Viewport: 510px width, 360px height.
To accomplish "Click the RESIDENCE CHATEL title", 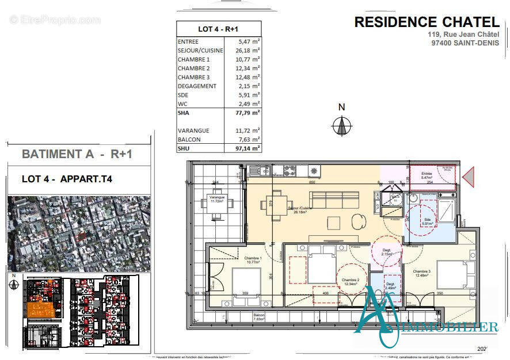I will (427, 22).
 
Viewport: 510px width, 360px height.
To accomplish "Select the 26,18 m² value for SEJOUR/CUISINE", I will (248, 50).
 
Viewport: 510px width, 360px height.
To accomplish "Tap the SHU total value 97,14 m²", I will (248, 148).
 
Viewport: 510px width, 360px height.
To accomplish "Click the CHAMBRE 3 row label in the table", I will (193, 77).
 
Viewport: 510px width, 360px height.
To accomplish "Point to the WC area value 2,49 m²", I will (249, 104).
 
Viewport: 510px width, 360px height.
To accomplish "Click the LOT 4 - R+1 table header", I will (218, 29).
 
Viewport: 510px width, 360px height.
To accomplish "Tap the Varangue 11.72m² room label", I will (216, 200).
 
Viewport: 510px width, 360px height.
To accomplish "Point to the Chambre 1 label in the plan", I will (253, 260).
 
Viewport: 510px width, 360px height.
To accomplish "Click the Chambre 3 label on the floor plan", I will (421, 273).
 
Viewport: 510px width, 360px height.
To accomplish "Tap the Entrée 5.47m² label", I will (426, 175).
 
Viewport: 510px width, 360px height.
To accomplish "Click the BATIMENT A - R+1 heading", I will (78, 154).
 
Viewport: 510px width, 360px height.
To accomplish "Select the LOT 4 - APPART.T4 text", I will (67, 179).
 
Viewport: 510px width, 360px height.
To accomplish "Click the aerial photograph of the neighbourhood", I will (79, 233).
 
